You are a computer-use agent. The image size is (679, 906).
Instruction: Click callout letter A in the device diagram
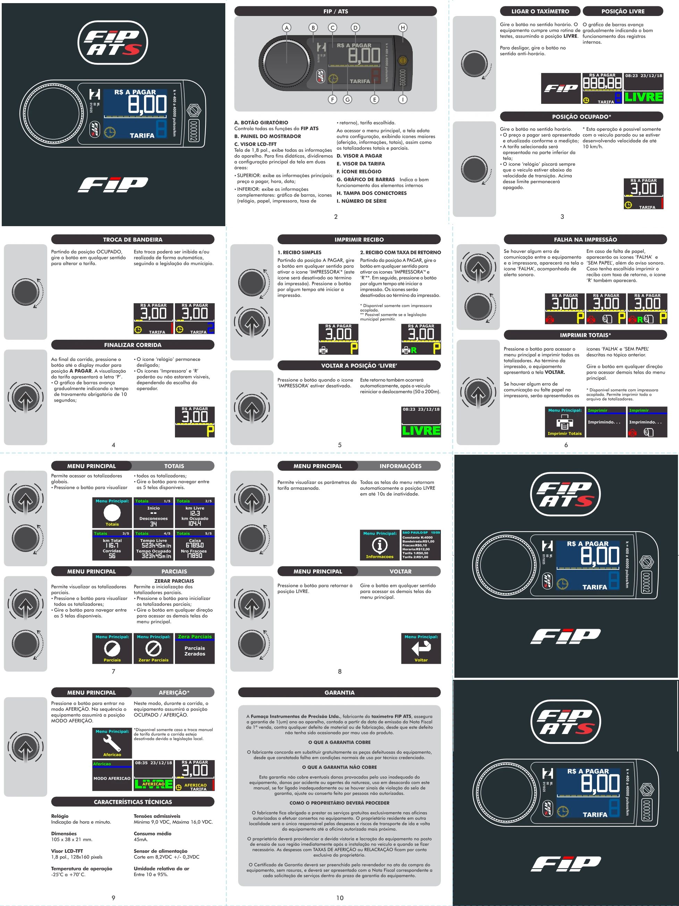point(286,28)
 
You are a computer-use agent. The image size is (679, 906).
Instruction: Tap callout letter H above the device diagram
point(403,28)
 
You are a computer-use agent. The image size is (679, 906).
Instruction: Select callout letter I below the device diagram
point(403,99)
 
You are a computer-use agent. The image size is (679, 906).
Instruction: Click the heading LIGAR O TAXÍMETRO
point(540,11)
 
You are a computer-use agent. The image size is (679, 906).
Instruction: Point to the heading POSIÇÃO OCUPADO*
point(581,117)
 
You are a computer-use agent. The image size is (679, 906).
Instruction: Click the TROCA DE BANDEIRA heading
point(133,240)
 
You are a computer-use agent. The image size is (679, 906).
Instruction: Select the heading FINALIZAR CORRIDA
point(133,345)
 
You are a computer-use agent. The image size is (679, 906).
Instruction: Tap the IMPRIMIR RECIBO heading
point(359,240)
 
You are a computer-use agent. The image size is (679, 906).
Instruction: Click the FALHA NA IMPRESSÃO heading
point(585,240)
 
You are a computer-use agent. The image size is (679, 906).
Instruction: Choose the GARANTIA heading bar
point(339,693)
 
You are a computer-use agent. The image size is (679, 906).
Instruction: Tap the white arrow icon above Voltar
point(421,648)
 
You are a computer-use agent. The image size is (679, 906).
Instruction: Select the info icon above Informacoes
point(380,545)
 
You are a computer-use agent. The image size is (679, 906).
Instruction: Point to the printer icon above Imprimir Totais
point(564,422)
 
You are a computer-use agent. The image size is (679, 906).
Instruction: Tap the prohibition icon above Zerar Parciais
point(153,648)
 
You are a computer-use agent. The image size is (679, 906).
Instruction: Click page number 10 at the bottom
point(340,898)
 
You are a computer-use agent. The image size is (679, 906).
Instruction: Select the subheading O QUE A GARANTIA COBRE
point(339,742)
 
